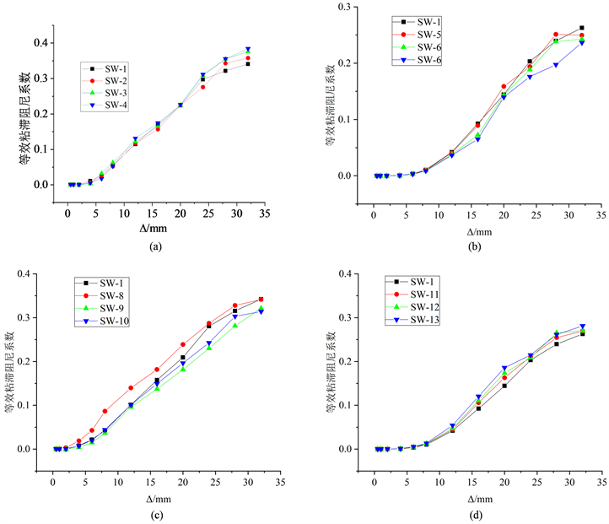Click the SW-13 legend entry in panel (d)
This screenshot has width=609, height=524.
(422, 321)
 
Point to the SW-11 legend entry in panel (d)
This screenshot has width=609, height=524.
(422, 295)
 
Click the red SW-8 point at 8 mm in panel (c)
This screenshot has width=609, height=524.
(105, 411)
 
